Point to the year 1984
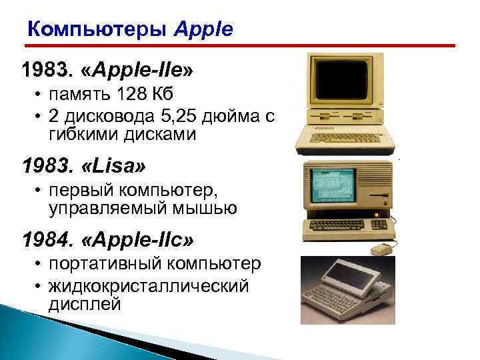coord(44,237)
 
